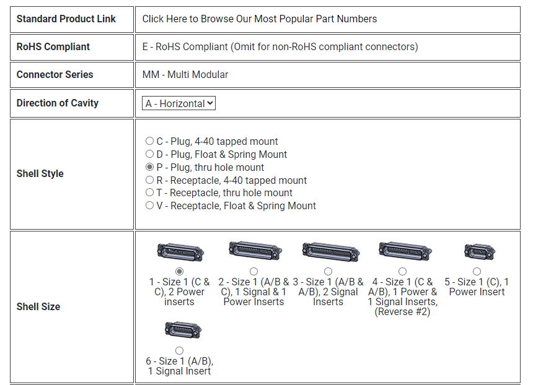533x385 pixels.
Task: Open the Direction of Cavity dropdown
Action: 178,103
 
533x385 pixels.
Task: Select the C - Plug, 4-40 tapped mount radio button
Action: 149,141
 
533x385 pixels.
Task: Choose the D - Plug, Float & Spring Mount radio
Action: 149,154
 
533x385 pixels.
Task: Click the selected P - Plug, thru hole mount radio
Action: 149,167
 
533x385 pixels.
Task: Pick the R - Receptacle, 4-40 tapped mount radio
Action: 149,180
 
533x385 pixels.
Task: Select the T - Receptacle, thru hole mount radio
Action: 149,192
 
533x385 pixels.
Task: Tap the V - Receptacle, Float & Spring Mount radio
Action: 149,205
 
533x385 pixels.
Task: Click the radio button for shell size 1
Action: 180,271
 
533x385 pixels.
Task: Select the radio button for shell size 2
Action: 253,271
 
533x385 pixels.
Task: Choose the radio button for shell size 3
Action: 328,271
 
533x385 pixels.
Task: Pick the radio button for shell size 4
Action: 402,271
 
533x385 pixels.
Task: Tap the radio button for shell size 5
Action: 477,271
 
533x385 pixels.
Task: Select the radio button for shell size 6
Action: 180,350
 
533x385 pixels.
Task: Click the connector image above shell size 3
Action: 331,252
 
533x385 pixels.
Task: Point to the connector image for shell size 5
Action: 480,252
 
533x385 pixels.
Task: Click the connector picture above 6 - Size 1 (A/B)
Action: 183,330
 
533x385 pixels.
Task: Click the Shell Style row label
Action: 40,173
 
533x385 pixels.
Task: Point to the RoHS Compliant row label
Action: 53,46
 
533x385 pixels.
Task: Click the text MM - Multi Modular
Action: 185,74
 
